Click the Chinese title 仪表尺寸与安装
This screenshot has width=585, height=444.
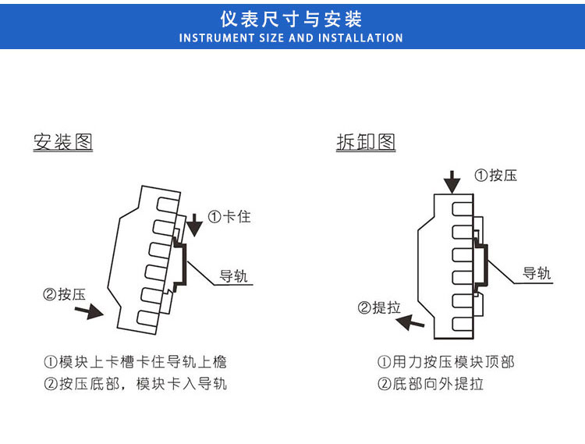[292, 19]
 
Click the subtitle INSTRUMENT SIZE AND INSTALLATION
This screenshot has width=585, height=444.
[291, 37]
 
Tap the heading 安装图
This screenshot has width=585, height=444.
[63, 142]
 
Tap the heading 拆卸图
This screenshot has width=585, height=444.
[366, 142]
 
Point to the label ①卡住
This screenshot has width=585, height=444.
[229, 216]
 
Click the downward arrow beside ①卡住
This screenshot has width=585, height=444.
[194, 225]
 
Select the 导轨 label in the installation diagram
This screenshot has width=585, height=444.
[235, 276]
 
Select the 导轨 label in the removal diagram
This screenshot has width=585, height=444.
[537, 273]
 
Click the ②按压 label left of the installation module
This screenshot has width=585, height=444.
[64, 294]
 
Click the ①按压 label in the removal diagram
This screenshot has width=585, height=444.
[496, 176]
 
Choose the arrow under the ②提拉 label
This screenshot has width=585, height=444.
[409, 322]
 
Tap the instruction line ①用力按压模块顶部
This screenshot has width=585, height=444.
[446, 362]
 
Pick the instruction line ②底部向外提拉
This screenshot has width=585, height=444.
[431, 384]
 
